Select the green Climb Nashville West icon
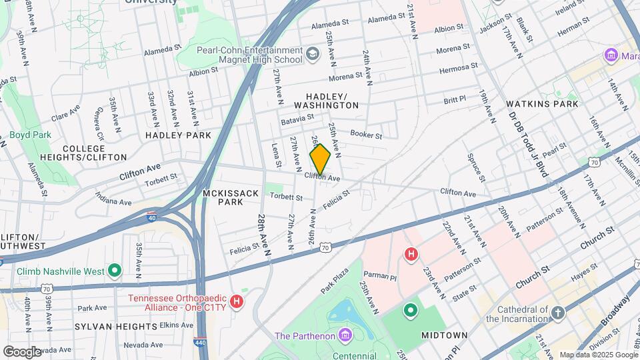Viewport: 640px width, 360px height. pos(115,271)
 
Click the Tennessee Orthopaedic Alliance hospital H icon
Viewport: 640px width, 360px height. pos(235,302)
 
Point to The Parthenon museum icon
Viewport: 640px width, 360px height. pos(345,334)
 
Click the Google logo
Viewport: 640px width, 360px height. pos(22,352)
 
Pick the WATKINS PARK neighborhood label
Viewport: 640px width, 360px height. pos(542,104)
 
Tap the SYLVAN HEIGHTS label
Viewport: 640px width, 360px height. pos(115,326)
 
